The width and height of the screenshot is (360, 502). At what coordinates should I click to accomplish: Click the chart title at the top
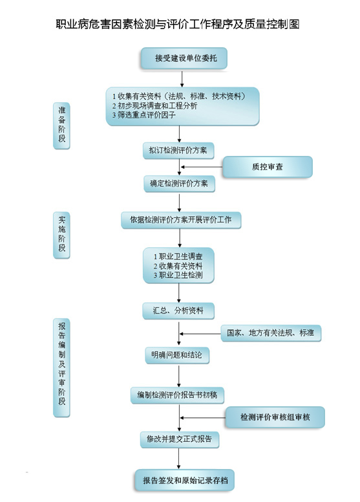(178, 24)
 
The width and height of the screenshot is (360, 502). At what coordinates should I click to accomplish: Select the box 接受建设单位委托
(184, 58)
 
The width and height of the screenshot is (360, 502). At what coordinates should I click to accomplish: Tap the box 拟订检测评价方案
(178, 151)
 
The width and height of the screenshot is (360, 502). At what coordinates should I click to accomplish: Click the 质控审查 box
(267, 167)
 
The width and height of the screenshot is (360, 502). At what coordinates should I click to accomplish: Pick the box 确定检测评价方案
(179, 184)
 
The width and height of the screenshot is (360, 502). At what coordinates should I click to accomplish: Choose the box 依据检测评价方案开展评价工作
(181, 220)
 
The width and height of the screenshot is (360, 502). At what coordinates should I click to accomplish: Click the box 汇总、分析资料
(178, 311)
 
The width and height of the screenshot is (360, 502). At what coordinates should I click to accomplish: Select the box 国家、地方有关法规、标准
(271, 333)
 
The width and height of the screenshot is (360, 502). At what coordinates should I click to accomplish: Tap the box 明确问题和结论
(177, 355)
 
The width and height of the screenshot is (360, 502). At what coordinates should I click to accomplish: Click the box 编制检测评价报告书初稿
(177, 395)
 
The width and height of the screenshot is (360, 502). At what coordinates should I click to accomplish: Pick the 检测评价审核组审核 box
(275, 417)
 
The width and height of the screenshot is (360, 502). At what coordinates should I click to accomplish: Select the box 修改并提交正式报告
(180, 439)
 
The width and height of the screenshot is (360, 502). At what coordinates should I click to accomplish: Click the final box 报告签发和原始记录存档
(185, 481)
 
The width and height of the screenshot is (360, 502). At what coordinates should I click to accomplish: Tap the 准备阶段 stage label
(61, 125)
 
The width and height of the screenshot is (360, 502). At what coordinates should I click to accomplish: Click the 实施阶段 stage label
(61, 235)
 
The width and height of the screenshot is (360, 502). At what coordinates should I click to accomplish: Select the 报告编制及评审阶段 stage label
(61, 367)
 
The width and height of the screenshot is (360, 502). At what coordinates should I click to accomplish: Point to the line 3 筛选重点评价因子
(143, 115)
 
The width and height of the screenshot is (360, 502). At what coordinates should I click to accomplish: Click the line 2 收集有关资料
(178, 266)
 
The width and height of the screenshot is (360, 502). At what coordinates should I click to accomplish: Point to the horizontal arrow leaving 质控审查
(202, 167)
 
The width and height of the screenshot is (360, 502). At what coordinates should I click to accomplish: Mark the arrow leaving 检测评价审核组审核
(203, 418)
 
